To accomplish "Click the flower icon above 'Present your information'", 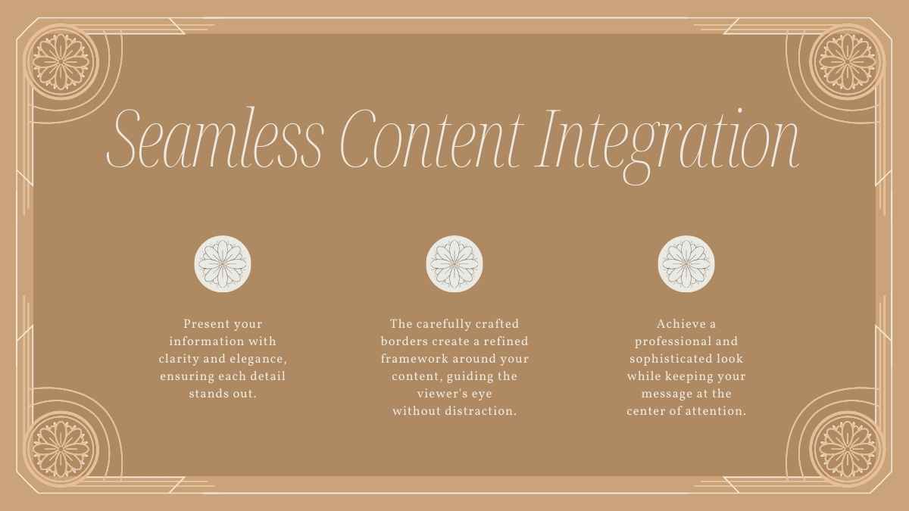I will [x=223, y=263].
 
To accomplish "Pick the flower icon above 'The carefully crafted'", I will [x=454, y=263].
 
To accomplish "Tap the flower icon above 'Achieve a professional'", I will [x=686, y=263].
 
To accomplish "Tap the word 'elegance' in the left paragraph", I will [x=258, y=359].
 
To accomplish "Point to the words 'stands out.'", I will [x=223, y=394].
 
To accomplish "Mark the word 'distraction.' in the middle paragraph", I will [x=482, y=411].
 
